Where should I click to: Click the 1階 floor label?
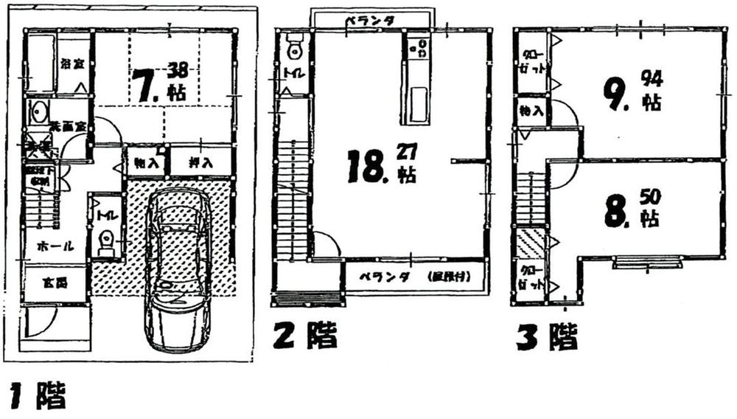38,397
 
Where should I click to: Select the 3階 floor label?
545,337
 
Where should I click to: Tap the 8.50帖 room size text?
631,209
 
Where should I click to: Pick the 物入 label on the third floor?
530,112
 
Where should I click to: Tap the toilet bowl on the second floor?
296,49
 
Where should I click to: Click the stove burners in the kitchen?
417,48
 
